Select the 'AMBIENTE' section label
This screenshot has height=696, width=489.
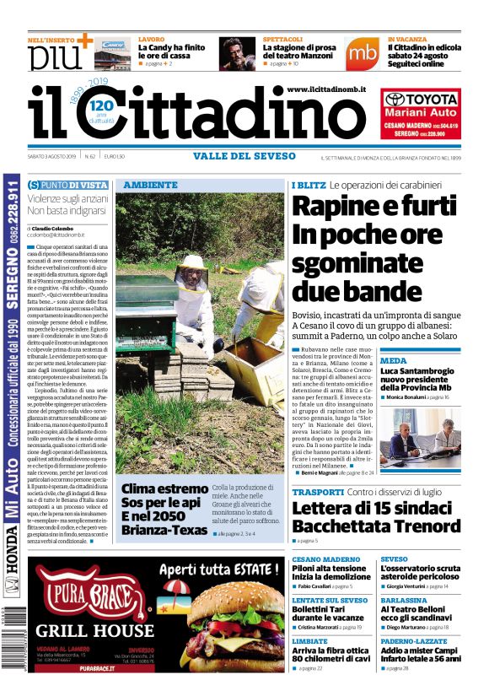(150, 185)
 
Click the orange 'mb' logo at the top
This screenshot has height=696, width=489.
(362, 52)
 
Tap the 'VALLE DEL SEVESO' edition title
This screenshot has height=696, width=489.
(244, 156)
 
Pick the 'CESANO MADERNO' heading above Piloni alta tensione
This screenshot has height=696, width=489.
(325, 559)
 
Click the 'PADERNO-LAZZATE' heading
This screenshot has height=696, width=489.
(413, 641)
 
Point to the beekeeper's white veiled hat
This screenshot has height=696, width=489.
(193, 264)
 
